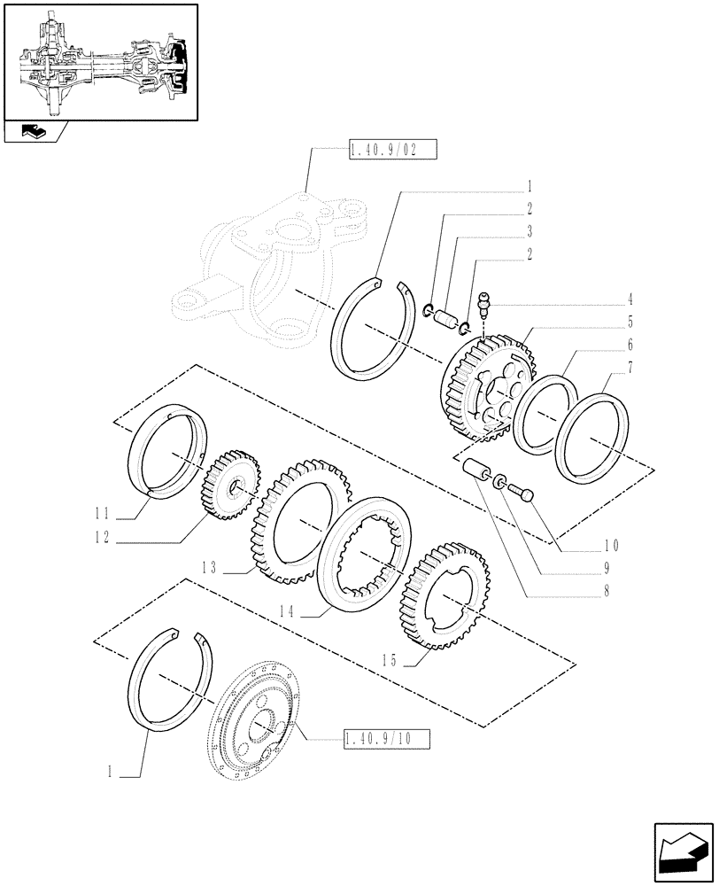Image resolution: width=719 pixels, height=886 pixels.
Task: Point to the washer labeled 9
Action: click(x=502, y=482)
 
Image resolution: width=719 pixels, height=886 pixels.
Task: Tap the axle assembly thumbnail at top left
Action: click(x=99, y=60)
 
